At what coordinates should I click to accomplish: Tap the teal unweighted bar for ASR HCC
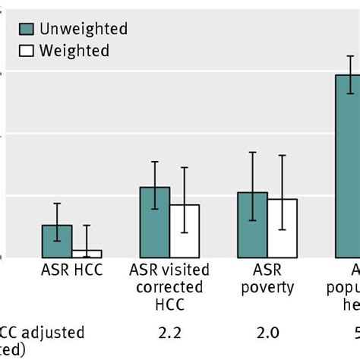pyautogui.click(x=57, y=241)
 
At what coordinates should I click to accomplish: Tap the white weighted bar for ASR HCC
pyautogui.click(x=87, y=254)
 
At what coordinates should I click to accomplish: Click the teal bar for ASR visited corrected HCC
pyautogui.click(x=155, y=222)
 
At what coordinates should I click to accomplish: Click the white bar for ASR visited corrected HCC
pyautogui.click(x=185, y=231)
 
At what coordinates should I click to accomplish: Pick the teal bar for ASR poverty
pyautogui.click(x=252, y=225)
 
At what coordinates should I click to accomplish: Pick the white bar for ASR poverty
pyautogui.click(x=282, y=228)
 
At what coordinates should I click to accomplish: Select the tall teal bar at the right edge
pyautogui.click(x=348, y=167)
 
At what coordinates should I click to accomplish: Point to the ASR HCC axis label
pyautogui.click(x=72, y=270)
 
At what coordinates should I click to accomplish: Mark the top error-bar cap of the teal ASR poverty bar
pyautogui.click(x=252, y=153)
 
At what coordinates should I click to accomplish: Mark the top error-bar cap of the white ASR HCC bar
pyautogui.click(x=87, y=225)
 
